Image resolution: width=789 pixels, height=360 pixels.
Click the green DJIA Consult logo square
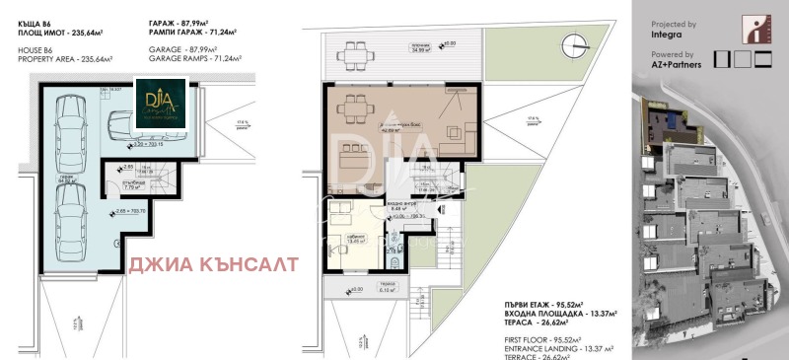click(157, 102)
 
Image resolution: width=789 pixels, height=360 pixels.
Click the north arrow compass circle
click(573, 44)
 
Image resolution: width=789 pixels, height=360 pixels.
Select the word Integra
click(668, 35)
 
